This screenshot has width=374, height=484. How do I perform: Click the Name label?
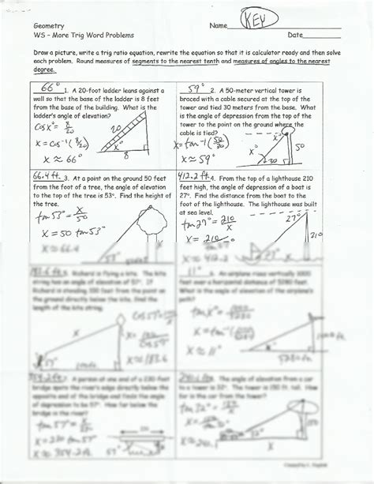pos(218,26)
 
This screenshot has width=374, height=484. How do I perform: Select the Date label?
pos(295,36)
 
